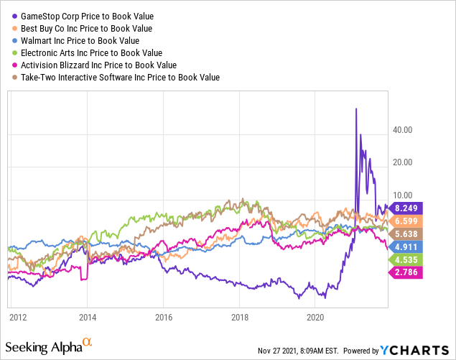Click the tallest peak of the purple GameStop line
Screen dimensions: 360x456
[355, 109]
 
